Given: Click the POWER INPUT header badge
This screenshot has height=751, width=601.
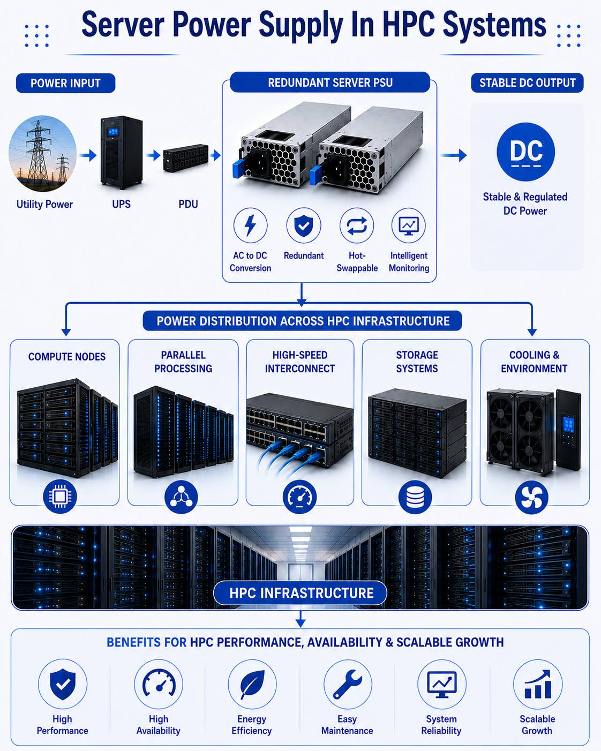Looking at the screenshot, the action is pos(65,83).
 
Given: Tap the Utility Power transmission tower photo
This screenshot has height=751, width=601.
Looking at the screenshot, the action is pos(42,154).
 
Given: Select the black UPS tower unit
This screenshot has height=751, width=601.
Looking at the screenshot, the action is pos(122,153).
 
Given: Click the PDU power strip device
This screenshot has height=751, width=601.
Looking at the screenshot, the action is pos(186,157).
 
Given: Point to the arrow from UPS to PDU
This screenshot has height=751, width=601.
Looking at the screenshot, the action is pos(153,155).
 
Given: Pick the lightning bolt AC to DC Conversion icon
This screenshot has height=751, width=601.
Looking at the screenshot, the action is pos(250,226).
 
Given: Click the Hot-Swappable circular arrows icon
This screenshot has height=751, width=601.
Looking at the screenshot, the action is pos(357,226).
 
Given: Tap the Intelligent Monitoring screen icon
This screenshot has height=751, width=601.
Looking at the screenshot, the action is pos(409,226).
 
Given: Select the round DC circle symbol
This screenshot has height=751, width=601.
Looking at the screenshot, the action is pos(525,152).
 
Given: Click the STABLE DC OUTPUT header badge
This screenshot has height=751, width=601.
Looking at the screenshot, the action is pos(527,82).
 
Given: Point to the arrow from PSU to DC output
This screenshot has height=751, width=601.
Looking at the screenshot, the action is pos(453,155).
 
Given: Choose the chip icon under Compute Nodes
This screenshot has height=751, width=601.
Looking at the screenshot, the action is pos(59,496).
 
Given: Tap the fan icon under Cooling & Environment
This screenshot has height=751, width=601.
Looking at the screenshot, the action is pos(532,497).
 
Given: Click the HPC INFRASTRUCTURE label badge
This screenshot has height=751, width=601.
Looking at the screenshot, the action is pos(300,593).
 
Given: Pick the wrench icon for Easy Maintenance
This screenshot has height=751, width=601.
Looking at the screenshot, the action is pos(348,684).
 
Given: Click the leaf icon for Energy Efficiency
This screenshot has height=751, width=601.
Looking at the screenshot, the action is pos(252,684).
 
